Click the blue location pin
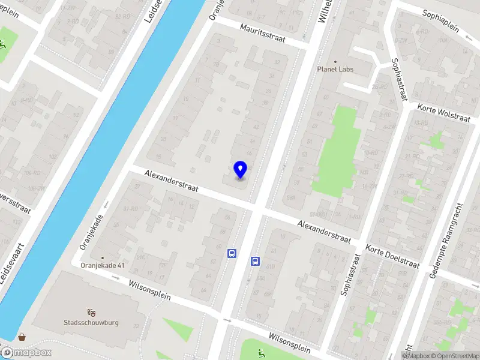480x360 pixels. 240,170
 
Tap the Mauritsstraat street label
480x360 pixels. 265,33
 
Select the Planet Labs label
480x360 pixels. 335,69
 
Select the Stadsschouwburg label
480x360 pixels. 91,322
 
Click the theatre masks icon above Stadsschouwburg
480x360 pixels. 91,312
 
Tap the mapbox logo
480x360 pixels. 26,352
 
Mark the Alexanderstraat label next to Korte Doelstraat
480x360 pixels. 324,231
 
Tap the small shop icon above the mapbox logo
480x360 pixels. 22,337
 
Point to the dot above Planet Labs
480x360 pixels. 335,61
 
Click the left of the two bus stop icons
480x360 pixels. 232,254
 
